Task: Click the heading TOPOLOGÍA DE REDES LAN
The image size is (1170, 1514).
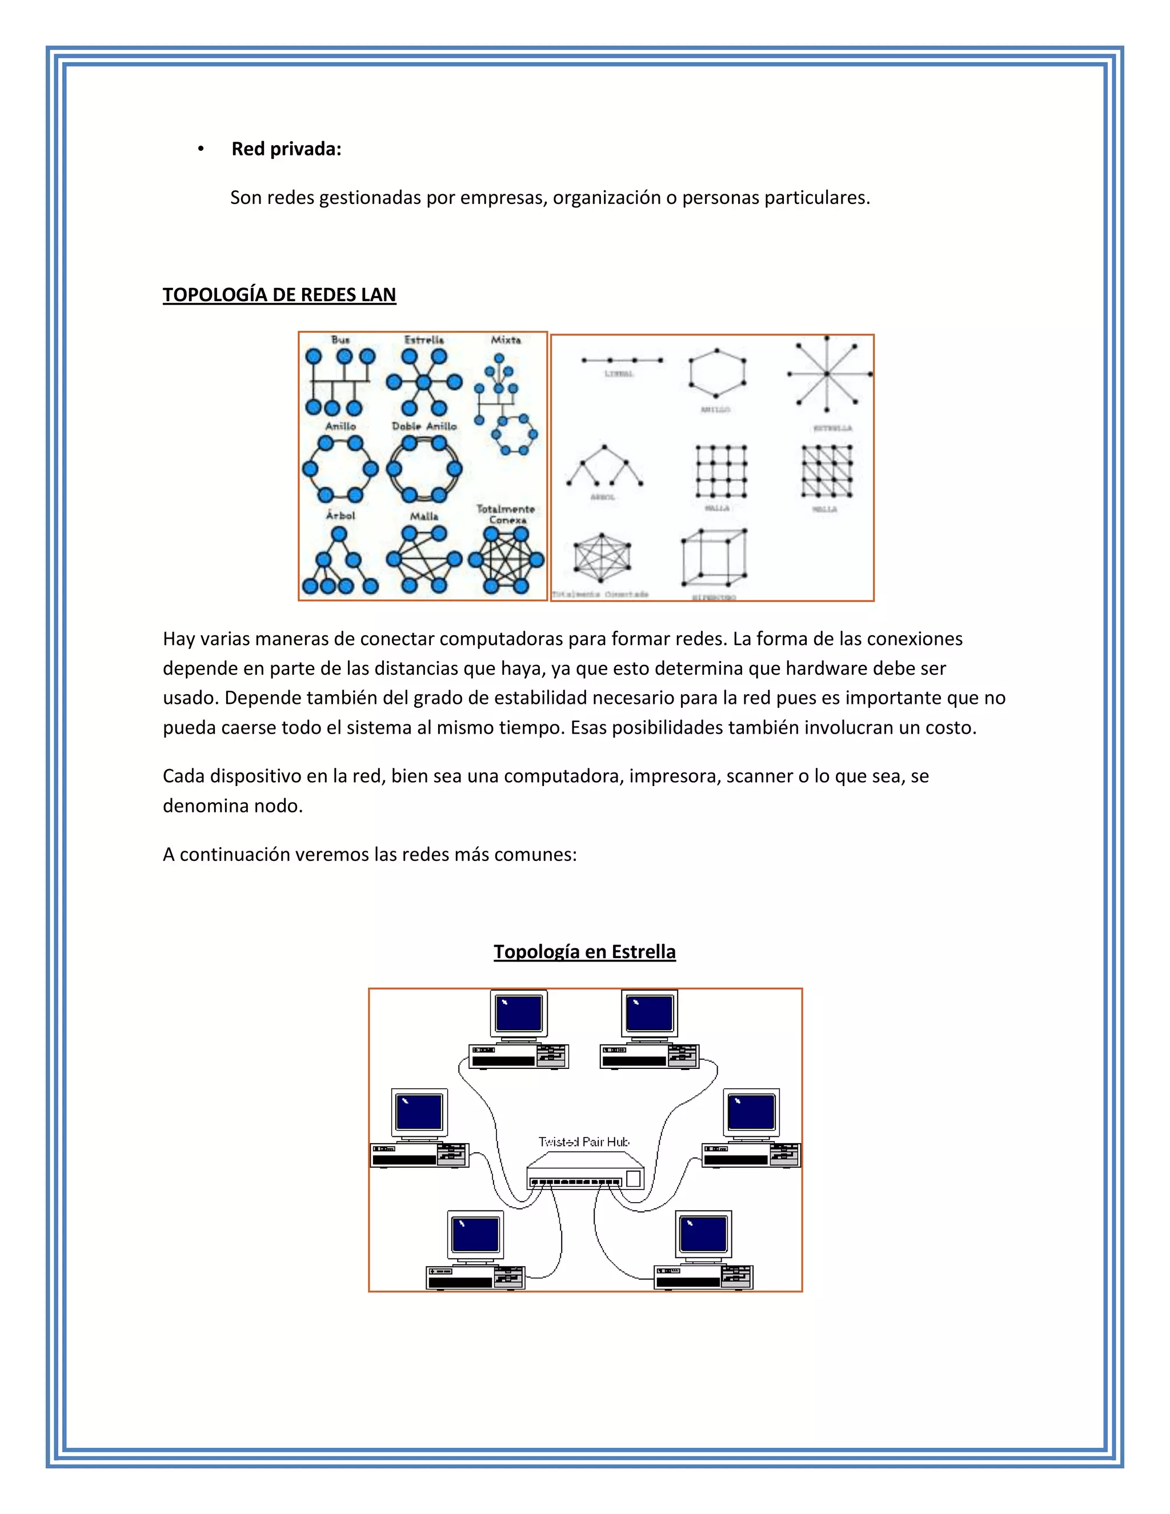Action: pos(279,295)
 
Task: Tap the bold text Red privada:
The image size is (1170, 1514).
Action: pos(286,149)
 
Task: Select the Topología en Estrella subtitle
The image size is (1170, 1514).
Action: pos(584,952)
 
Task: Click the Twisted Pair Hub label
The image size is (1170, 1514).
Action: pos(584,1141)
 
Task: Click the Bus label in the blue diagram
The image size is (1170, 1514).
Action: pos(340,340)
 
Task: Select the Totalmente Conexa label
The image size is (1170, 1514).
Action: pos(506,514)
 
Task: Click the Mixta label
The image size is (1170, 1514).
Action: pos(506,340)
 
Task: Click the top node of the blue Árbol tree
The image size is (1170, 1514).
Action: pos(338,534)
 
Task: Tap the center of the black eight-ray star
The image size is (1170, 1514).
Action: pos(827,374)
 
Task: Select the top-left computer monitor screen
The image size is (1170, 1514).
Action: pos(519,1014)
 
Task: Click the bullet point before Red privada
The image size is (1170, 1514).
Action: pos(201,149)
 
